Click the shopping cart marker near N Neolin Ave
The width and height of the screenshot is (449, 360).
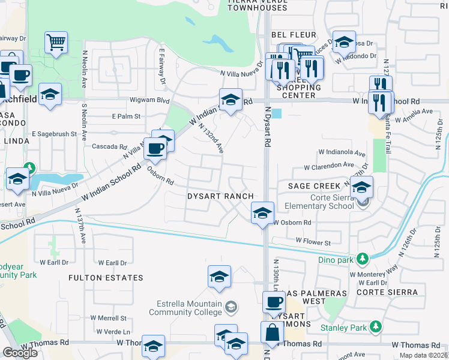56,43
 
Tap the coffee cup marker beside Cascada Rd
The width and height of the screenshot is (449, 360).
155,148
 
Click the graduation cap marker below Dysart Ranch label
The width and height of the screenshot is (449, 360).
262,213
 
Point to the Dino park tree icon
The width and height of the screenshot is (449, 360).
362,258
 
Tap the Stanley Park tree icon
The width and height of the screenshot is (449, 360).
376,326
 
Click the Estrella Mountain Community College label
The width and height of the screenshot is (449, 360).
186,308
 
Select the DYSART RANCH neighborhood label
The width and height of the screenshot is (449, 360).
220,196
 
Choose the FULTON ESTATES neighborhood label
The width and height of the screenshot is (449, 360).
106,278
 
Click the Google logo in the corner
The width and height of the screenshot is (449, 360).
20,352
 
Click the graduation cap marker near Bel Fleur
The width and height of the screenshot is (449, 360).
344,41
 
